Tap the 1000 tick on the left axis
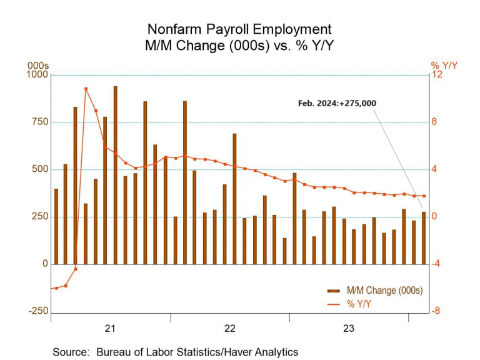[x=36, y=75]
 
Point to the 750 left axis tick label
[x=39, y=122]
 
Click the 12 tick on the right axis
[x=436, y=75]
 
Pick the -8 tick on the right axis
[x=436, y=311]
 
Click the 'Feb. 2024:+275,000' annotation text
[x=337, y=103]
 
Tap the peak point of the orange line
[x=86, y=89]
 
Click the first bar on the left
[x=56, y=226]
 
